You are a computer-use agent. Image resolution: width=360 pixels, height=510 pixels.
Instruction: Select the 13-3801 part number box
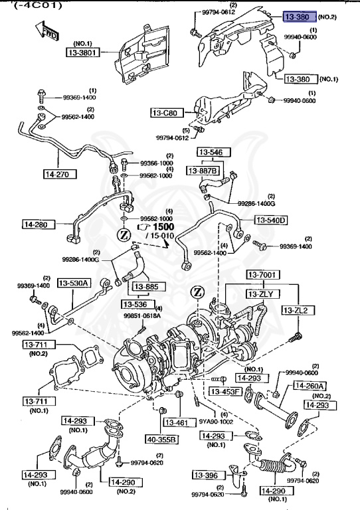(x=82, y=51)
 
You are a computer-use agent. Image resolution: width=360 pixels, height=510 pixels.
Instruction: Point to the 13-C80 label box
(x=165, y=113)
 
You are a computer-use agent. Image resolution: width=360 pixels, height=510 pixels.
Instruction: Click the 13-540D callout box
(x=270, y=220)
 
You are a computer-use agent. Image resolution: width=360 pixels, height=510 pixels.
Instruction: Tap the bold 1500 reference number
(x=162, y=226)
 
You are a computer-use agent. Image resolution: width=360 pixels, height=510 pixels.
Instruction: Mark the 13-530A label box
(x=73, y=283)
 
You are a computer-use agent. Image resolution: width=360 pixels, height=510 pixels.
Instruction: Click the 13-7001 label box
(x=263, y=275)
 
